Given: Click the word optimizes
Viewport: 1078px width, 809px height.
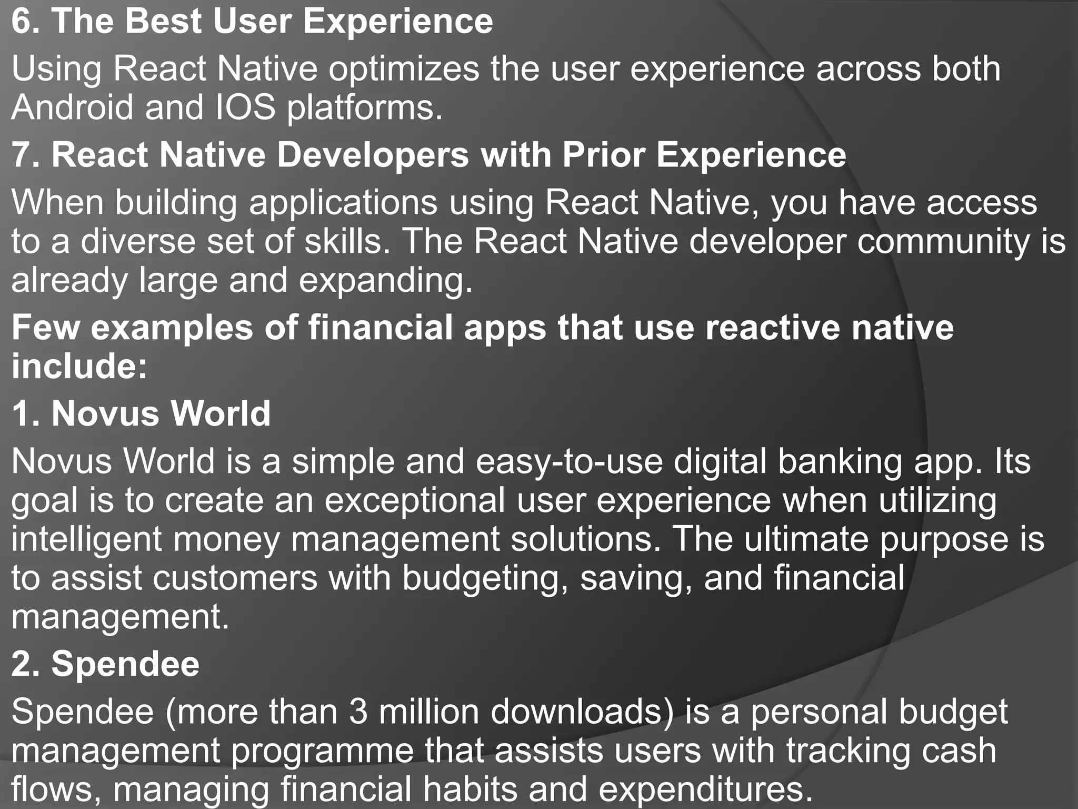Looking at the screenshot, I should coord(404,69).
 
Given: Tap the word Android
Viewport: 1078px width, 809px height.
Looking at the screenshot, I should coord(72,107).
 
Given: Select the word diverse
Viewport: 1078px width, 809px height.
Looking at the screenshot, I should coord(137,241).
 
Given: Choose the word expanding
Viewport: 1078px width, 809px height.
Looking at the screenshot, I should coord(386,280).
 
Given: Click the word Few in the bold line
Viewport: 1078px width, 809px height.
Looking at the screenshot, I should coord(45,328).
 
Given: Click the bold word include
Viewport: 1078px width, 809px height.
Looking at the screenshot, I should coord(79,366).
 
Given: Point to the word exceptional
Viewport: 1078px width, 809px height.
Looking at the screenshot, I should coord(415,500).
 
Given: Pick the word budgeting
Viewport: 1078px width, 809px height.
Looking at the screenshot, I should coord(485,578).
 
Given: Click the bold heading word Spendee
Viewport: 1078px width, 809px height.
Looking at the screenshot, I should coord(125,664).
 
